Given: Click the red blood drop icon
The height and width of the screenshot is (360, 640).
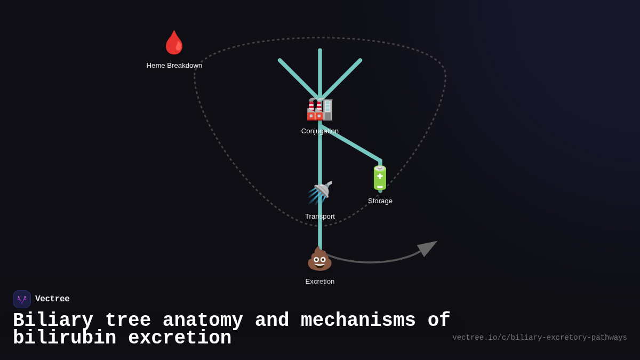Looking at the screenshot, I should pyautogui.click(x=174, y=43).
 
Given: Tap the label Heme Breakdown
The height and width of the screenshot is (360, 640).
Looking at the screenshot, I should pyautogui.click(x=174, y=66).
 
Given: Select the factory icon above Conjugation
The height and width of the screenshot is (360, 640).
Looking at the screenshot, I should pyautogui.click(x=319, y=109).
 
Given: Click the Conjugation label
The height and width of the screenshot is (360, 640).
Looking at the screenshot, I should pyautogui.click(x=319, y=131).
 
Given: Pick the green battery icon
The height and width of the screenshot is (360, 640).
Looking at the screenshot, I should pyautogui.click(x=380, y=178).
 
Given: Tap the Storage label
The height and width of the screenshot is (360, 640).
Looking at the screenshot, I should pyautogui.click(x=380, y=201).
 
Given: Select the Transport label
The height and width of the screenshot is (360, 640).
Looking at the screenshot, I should pyautogui.click(x=320, y=217).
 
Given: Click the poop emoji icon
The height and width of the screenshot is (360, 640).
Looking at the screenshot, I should pyautogui.click(x=319, y=259).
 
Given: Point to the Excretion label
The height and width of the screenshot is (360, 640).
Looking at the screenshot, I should pyautogui.click(x=320, y=282).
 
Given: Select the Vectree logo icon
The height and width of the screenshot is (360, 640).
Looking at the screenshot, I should pyautogui.click(x=22, y=299).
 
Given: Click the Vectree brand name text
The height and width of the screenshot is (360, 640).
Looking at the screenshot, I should pyautogui.click(x=52, y=299).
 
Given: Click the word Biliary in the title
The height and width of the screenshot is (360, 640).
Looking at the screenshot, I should pyautogui.click(x=53, y=321).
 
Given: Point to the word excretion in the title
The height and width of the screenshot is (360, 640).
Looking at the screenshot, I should pyautogui.click(x=180, y=338).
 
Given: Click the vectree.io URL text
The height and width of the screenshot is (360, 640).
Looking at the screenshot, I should pyautogui.click(x=539, y=338).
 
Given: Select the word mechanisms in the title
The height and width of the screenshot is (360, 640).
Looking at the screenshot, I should pyautogui.click(x=358, y=321).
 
